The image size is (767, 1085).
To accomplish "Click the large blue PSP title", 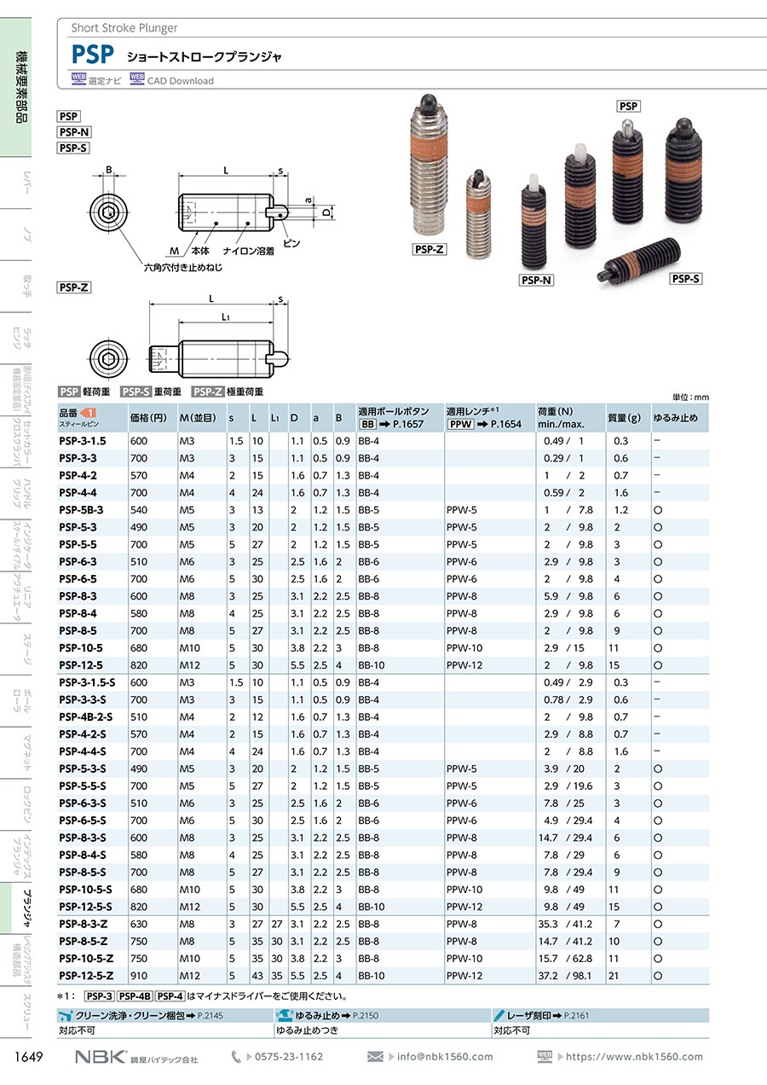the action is click(92, 55).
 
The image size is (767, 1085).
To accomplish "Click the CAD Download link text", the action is click(180, 81).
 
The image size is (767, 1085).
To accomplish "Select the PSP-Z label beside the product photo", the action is click(429, 249).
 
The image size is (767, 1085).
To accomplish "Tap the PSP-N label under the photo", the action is click(536, 280).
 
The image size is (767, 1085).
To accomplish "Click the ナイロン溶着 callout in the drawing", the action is click(248, 251).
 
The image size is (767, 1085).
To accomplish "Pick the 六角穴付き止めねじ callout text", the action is click(183, 267).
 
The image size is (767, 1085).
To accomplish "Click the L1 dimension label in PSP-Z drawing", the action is click(226, 316).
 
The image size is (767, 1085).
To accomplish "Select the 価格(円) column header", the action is click(148, 417).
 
